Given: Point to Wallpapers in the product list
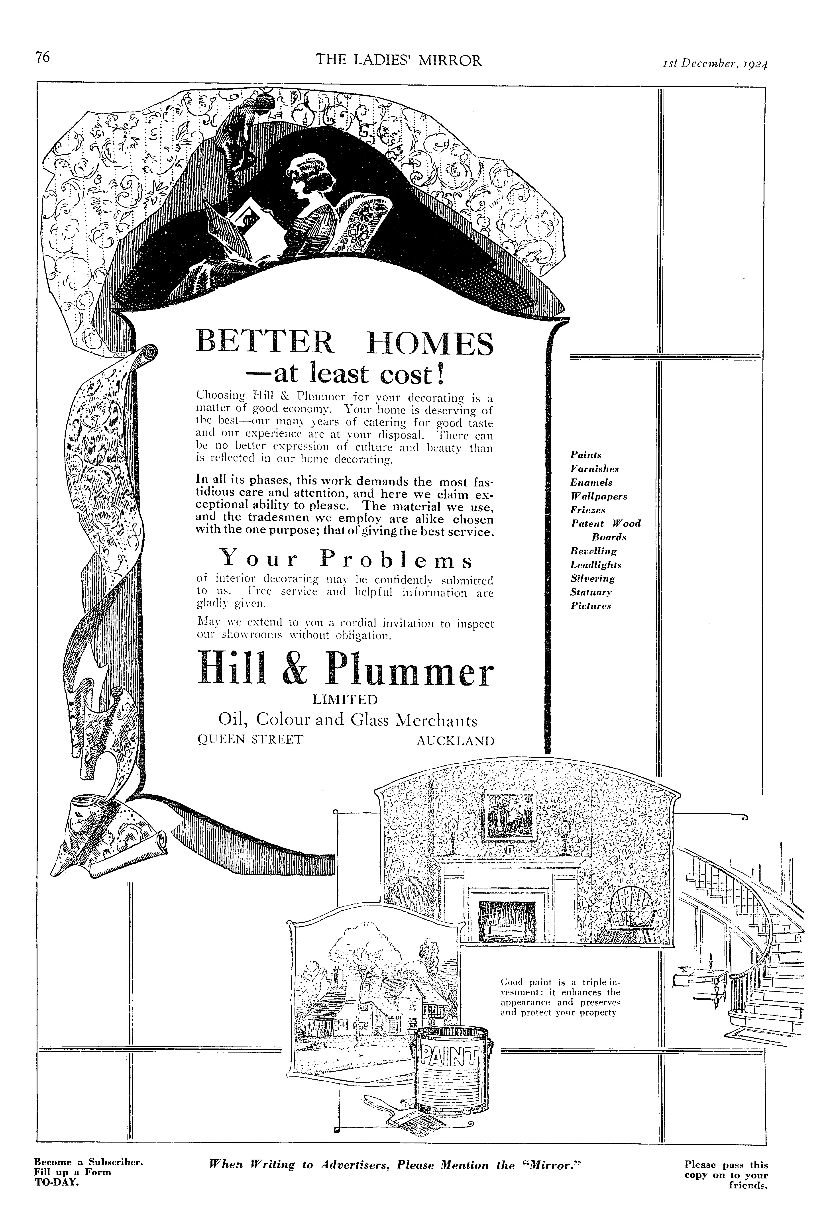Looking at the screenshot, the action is click(599, 497).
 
